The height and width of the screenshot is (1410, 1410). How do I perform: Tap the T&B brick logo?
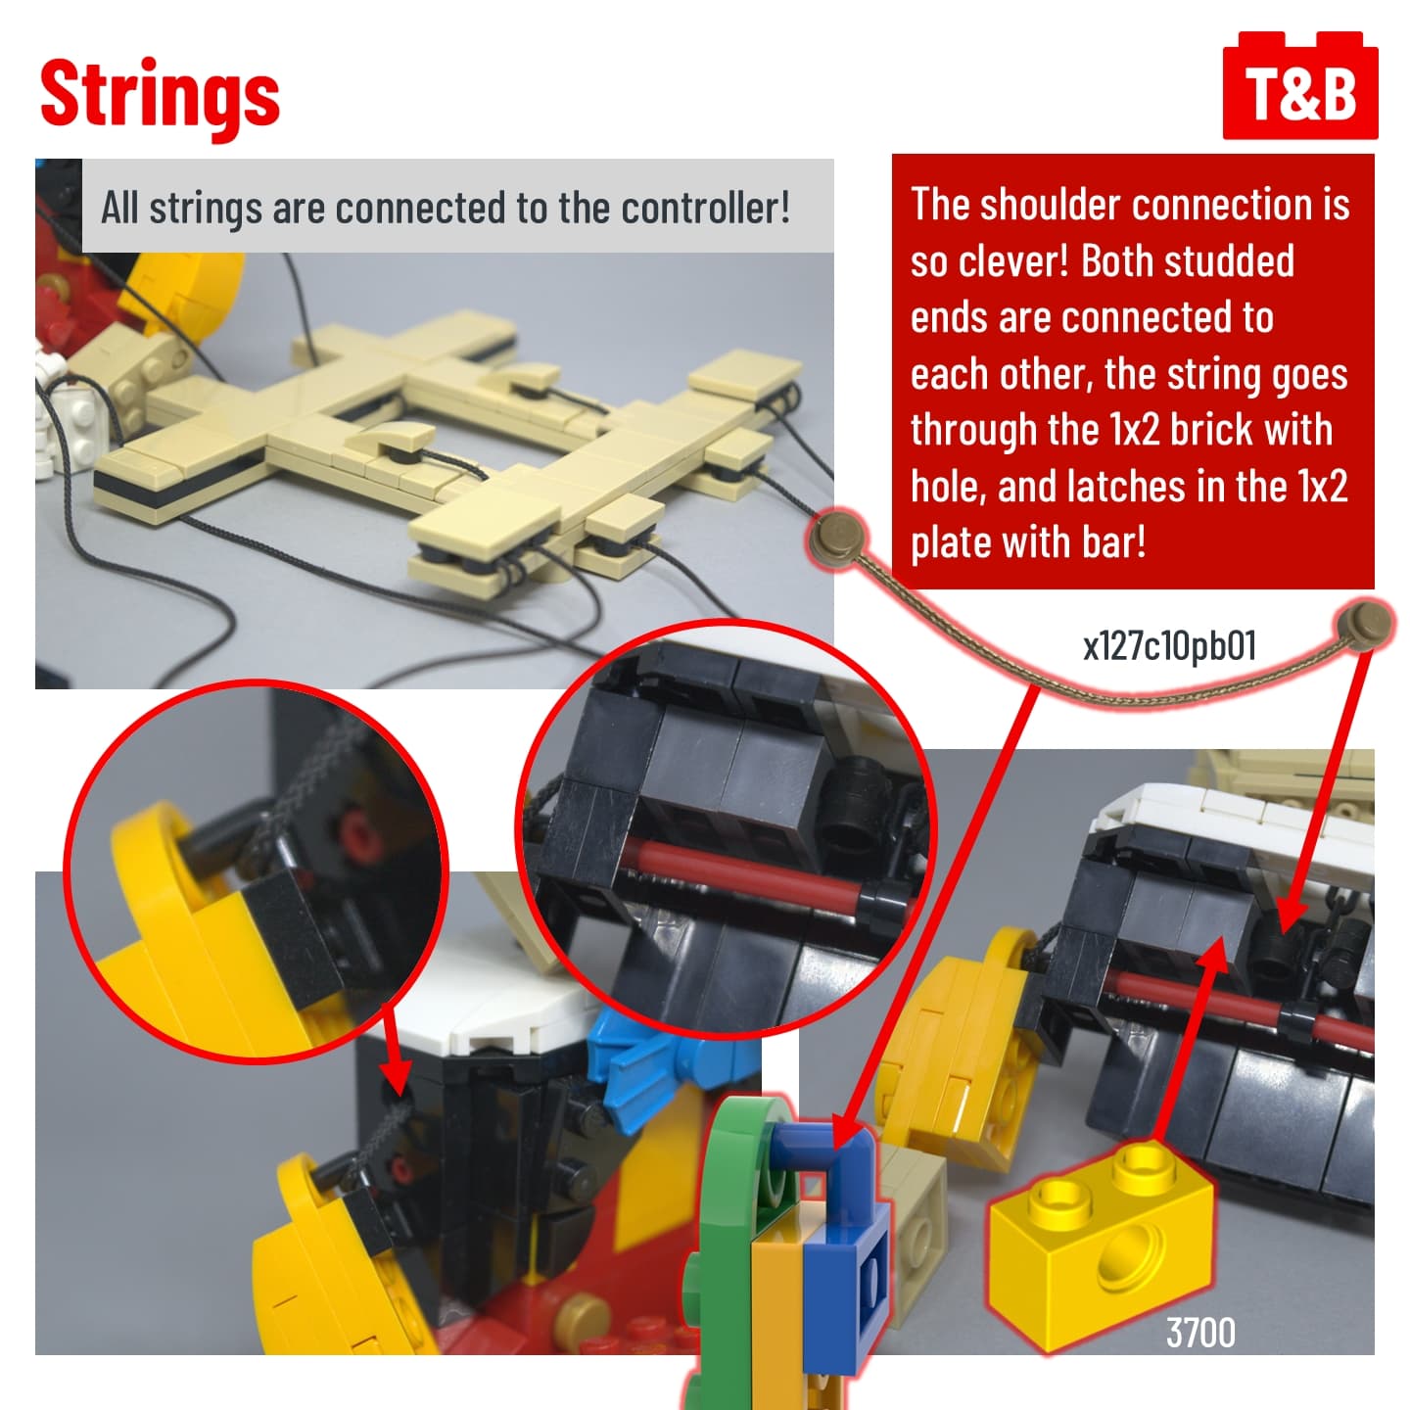1299,85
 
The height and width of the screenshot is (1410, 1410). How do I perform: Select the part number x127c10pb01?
1168,645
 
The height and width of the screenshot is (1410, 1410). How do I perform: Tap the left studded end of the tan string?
839,535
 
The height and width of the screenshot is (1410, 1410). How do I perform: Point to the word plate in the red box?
951,543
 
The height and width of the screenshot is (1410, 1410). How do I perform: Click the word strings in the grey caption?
206,209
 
